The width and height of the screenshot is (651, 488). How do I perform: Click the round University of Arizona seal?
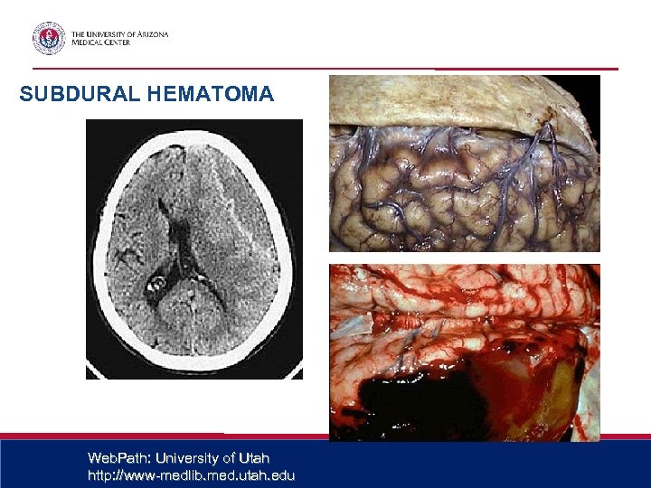[x=49, y=38]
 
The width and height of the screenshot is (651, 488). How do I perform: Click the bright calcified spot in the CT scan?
[x=155, y=284]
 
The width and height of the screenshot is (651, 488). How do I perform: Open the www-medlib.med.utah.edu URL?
[x=191, y=475]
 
